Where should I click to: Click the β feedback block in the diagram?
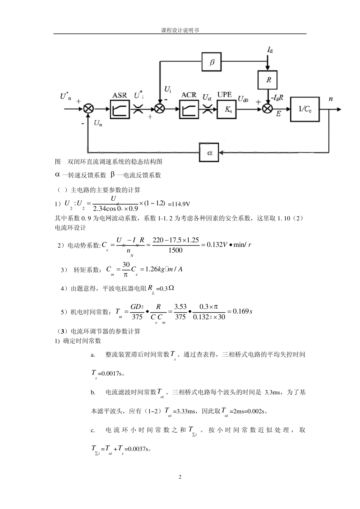click(x=212, y=62)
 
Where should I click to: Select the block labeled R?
click(x=269, y=80)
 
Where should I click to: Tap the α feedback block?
click(x=210, y=153)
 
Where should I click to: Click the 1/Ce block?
click(x=305, y=109)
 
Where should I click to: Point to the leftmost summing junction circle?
click(x=89, y=109)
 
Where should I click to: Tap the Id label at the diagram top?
click(x=270, y=50)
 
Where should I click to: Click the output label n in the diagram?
click(x=330, y=99)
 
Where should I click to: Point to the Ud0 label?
click(x=243, y=99)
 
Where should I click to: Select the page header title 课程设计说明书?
click(x=180, y=30)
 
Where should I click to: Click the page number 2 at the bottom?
click(x=180, y=477)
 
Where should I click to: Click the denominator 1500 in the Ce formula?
click(x=175, y=250)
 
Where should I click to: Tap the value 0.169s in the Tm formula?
click(x=243, y=311)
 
